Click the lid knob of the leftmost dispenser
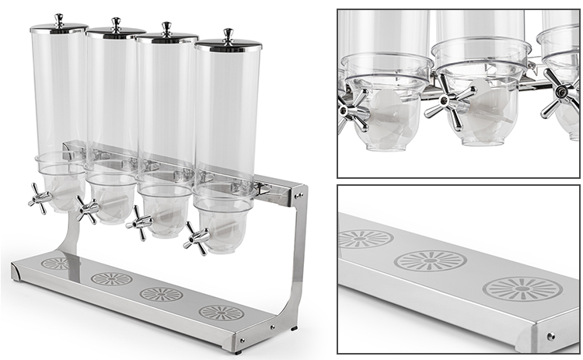pos(59,19)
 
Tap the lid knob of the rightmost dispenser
pos(229,36)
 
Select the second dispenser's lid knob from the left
pos(116,23)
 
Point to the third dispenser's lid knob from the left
pos(166,29)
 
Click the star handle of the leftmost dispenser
pos(40,199)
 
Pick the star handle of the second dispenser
pos(87,208)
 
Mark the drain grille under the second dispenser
pos(111,278)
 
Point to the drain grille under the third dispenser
pos(161,294)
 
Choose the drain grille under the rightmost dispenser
pos(221,313)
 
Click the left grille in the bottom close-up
pos(365,239)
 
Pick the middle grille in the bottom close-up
pos(430,260)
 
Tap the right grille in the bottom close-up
pos(522,288)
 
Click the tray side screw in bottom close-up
pos(550,337)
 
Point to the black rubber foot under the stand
pos(294,328)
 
